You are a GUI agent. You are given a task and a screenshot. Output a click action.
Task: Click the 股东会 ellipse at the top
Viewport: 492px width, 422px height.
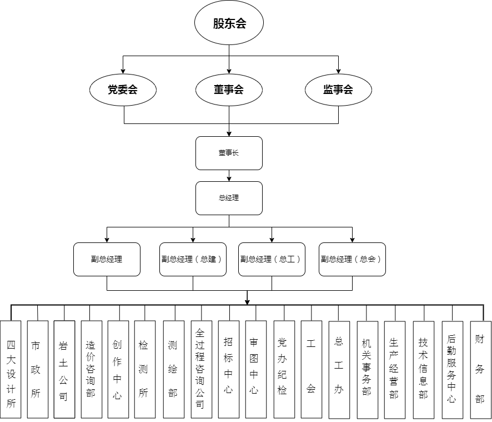(229, 23)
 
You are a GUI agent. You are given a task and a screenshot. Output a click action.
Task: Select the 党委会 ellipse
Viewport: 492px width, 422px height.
(123, 89)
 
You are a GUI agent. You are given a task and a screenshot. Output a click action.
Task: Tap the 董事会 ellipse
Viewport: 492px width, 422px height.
(229, 89)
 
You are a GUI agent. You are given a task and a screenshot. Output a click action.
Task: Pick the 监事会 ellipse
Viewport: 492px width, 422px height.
(338, 89)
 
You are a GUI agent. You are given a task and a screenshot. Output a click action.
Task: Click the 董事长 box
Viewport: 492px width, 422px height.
(229, 153)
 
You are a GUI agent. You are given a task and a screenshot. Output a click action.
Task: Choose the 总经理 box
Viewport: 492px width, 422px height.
(229, 197)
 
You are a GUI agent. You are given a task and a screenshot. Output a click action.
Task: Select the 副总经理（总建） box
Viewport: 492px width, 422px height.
(193, 259)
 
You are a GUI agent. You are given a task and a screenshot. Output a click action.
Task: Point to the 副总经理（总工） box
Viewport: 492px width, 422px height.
(272, 259)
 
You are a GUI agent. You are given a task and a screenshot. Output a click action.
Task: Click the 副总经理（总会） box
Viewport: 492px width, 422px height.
(352, 259)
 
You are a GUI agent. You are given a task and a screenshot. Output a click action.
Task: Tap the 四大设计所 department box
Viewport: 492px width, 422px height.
(11, 369)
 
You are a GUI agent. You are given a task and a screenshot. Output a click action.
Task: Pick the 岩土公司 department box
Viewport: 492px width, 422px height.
(64, 369)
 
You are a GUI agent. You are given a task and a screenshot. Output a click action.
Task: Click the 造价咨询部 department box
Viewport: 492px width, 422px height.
(91, 369)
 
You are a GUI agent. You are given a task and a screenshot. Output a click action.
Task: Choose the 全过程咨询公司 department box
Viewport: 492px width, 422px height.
(201, 369)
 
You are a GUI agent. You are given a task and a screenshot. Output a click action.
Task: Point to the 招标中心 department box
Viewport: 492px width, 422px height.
(228, 369)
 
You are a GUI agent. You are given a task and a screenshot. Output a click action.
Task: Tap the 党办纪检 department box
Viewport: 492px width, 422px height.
(283, 369)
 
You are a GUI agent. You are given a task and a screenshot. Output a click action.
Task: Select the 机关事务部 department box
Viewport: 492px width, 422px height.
(367, 369)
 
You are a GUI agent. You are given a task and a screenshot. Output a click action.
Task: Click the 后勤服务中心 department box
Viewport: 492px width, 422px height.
(452, 369)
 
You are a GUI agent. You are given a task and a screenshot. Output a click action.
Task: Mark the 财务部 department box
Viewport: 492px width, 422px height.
(480, 369)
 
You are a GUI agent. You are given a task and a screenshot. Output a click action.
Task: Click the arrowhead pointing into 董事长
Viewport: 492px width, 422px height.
(229, 133)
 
